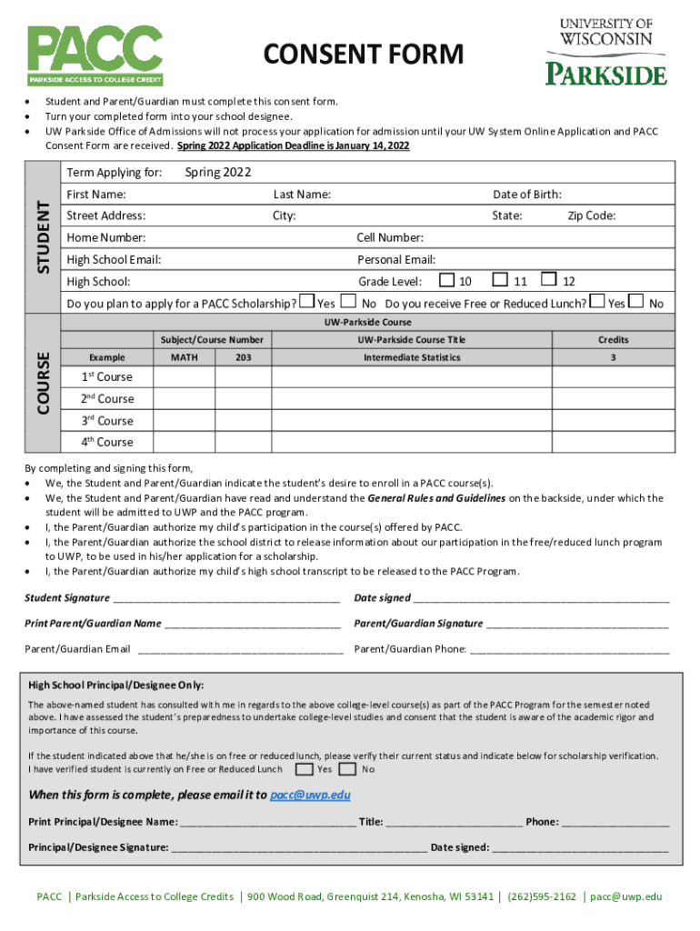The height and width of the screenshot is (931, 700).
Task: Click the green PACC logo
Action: pos(95,54)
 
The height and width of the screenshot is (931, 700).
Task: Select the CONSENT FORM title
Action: pos(363,55)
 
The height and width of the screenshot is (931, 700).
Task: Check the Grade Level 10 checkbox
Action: pos(447,281)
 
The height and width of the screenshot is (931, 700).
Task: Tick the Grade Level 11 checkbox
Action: pos(500,281)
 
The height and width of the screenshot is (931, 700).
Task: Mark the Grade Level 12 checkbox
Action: pos(549,281)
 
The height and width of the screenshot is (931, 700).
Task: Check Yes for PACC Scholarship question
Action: pos(308,302)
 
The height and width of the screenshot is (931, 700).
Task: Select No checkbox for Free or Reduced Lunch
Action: pos(635,302)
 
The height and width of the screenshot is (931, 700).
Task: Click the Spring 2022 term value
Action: pos(217,173)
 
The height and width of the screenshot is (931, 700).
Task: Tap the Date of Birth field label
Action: pos(526,195)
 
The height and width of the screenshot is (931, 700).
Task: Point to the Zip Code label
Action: pos(591,216)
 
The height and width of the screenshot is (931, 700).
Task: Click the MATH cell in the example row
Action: pos(185,358)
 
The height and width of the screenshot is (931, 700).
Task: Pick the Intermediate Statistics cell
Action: pos(412,358)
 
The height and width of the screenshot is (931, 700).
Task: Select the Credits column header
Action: pos(613,339)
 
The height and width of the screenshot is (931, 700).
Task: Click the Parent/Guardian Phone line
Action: pos(569,650)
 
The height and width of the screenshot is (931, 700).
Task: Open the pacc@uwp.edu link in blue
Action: pos(310,795)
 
